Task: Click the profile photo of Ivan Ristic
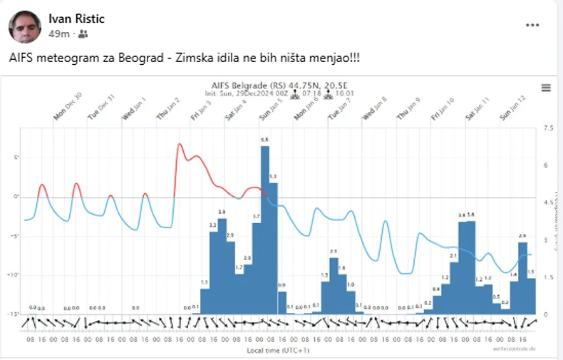coord(24,26)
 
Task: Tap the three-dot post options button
coord(532,25)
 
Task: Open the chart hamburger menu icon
coord(546,87)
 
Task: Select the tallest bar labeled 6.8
coord(264,228)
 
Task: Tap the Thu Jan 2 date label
coord(168,108)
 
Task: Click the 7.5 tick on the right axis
coord(547,128)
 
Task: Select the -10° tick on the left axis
coord(11,274)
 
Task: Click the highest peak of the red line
coord(180,145)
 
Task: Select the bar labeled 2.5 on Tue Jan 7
coord(334,285)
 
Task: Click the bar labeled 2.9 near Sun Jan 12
coord(522,278)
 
